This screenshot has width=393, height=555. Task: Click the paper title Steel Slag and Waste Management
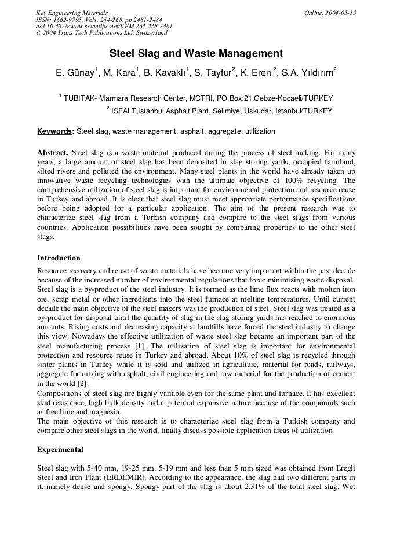click(196, 54)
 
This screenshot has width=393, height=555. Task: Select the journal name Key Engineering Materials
click(72, 13)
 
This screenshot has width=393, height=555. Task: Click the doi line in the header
click(104, 26)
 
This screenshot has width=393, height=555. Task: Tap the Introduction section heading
click(59, 258)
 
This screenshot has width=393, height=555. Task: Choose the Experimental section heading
click(60, 450)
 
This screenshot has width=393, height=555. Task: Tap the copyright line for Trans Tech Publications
click(101, 33)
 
